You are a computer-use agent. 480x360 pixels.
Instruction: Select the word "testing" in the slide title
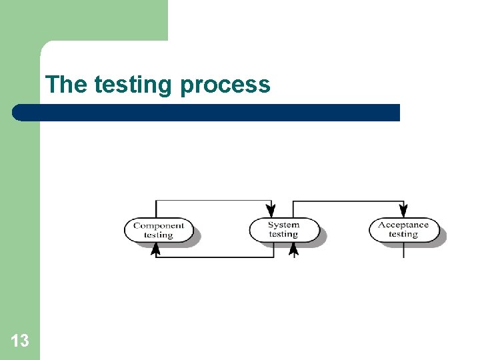coord(133,85)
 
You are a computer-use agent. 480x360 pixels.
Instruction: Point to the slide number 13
coord(20,341)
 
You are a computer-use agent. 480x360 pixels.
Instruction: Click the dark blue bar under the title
coord(207,112)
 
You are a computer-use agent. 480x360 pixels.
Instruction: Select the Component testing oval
coord(159,230)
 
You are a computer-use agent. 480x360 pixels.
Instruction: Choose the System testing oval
coord(284,230)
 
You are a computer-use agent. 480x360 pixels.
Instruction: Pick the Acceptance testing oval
coord(403,230)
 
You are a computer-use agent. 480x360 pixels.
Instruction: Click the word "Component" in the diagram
coord(159,225)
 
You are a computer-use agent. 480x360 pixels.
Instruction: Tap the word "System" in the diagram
coord(284,225)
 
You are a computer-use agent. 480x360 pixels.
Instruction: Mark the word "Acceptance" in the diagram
coord(403,225)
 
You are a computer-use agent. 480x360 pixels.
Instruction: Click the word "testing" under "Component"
coord(159,235)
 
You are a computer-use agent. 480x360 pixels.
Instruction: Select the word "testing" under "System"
coord(283,234)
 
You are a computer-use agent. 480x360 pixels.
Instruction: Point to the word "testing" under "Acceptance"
coord(403,234)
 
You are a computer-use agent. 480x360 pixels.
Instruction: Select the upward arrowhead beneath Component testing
coord(156,249)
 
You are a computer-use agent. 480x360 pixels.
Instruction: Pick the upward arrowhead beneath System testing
coord(293,249)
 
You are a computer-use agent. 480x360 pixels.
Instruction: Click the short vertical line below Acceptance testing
coord(403,251)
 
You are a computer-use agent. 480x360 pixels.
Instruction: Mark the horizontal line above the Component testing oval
coord(213,200)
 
